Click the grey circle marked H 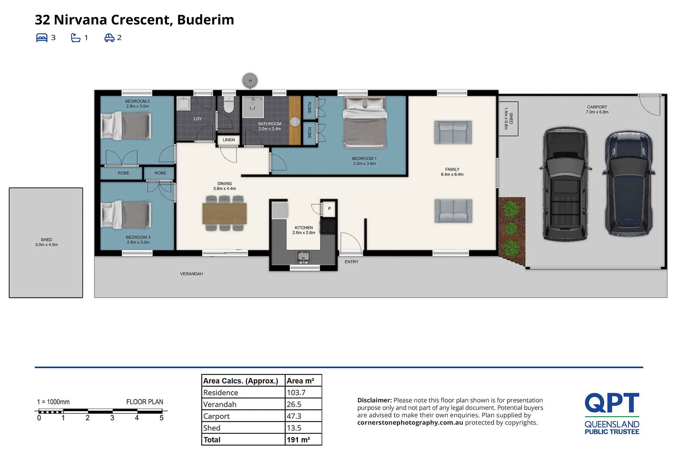tap(250, 81)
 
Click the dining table tap(225, 214)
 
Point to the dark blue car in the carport tap(629, 183)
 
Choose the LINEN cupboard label tap(229, 140)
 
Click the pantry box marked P tap(329, 209)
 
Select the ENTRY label tap(351, 262)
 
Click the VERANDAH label tap(191, 274)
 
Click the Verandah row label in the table tap(220, 404)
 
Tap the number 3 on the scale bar tap(112, 418)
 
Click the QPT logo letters tap(612, 403)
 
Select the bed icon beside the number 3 tap(42, 38)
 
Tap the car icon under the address tap(109, 38)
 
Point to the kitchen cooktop tap(328, 227)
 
